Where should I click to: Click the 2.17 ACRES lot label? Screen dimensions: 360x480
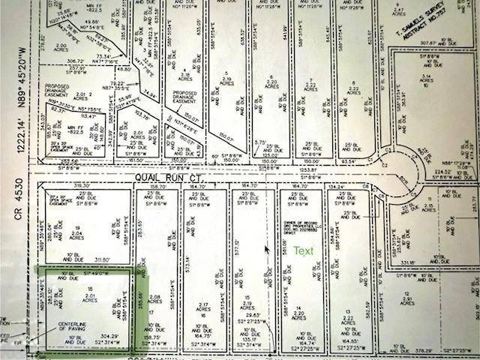pos(203,307)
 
